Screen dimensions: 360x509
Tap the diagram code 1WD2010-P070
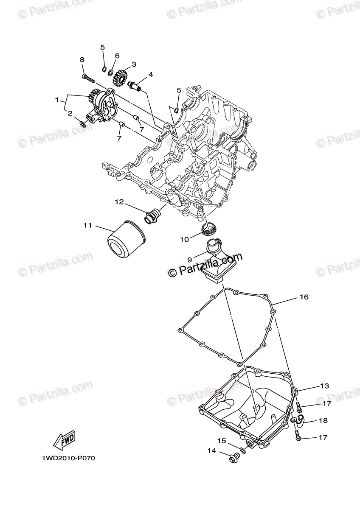click(67, 459)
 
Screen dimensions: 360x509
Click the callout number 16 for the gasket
click(304, 297)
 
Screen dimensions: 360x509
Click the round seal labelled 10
click(208, 229)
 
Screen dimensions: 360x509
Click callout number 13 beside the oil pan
click(324, 386)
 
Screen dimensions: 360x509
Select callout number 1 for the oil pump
click(56, 100)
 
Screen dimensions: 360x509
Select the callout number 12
click(119, 202)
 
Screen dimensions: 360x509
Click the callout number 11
click(87, 226)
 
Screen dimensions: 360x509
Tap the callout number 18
click(323, 420)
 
